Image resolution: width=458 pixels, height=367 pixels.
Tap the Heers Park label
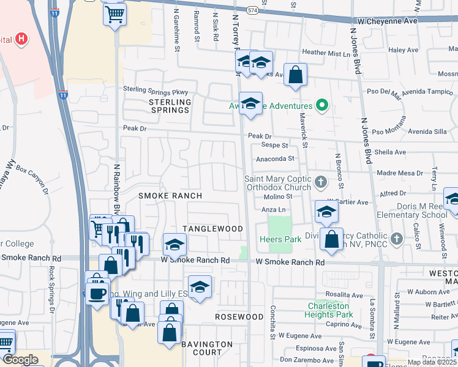[280, 239]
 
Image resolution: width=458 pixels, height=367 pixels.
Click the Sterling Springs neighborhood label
[170, 105]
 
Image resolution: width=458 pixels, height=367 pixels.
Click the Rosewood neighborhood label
[239, 317]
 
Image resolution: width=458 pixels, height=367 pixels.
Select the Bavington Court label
[208, 348]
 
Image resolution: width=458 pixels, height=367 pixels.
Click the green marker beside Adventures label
[321, 105]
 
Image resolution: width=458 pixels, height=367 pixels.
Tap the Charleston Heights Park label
[329, 310]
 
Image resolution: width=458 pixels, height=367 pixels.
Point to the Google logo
[21, 360]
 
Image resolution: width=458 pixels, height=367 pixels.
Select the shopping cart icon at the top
[114, 15]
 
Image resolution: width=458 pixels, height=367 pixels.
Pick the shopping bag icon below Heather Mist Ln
[295, 75]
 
